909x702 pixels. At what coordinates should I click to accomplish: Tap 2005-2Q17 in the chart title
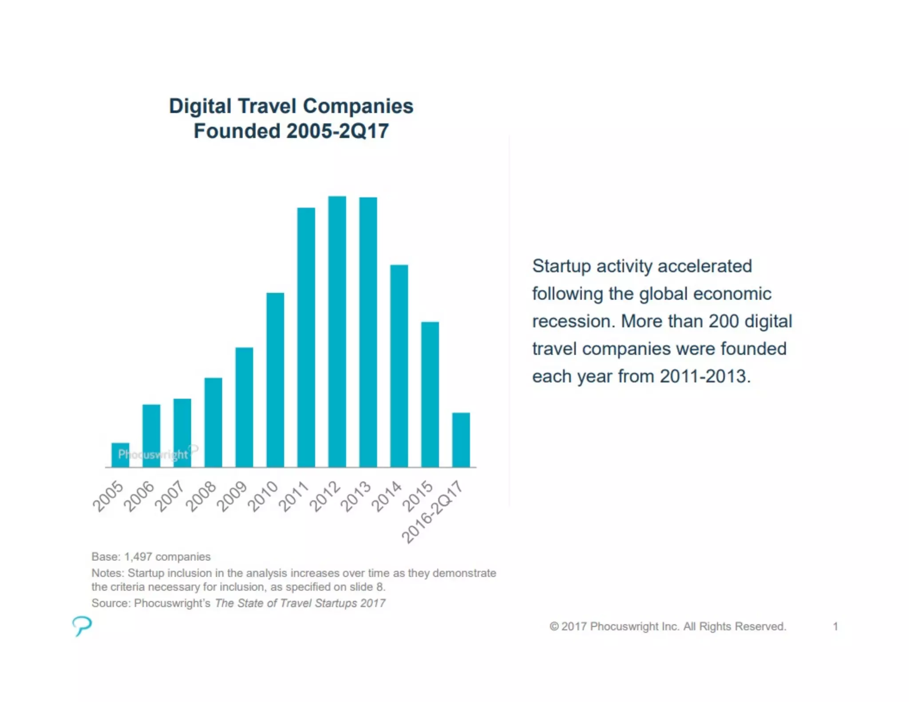pyautogui.click(x=337, y=131)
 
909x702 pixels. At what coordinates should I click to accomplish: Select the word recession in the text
pyautogui.click(x=573, y=321)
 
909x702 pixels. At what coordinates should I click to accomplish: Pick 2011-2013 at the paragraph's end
pyautogui.click(x=705, y=376)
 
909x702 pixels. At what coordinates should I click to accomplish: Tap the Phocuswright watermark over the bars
pyautogui.click(x=153, y=454)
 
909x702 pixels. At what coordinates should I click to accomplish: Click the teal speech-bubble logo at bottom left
pyautogui.click(x=82, y=626)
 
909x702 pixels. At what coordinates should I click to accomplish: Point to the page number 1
pyautogui.click(x=835, y=626)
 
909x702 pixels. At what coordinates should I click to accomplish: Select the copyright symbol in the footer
pyautogui.click(x=553, y=626)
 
